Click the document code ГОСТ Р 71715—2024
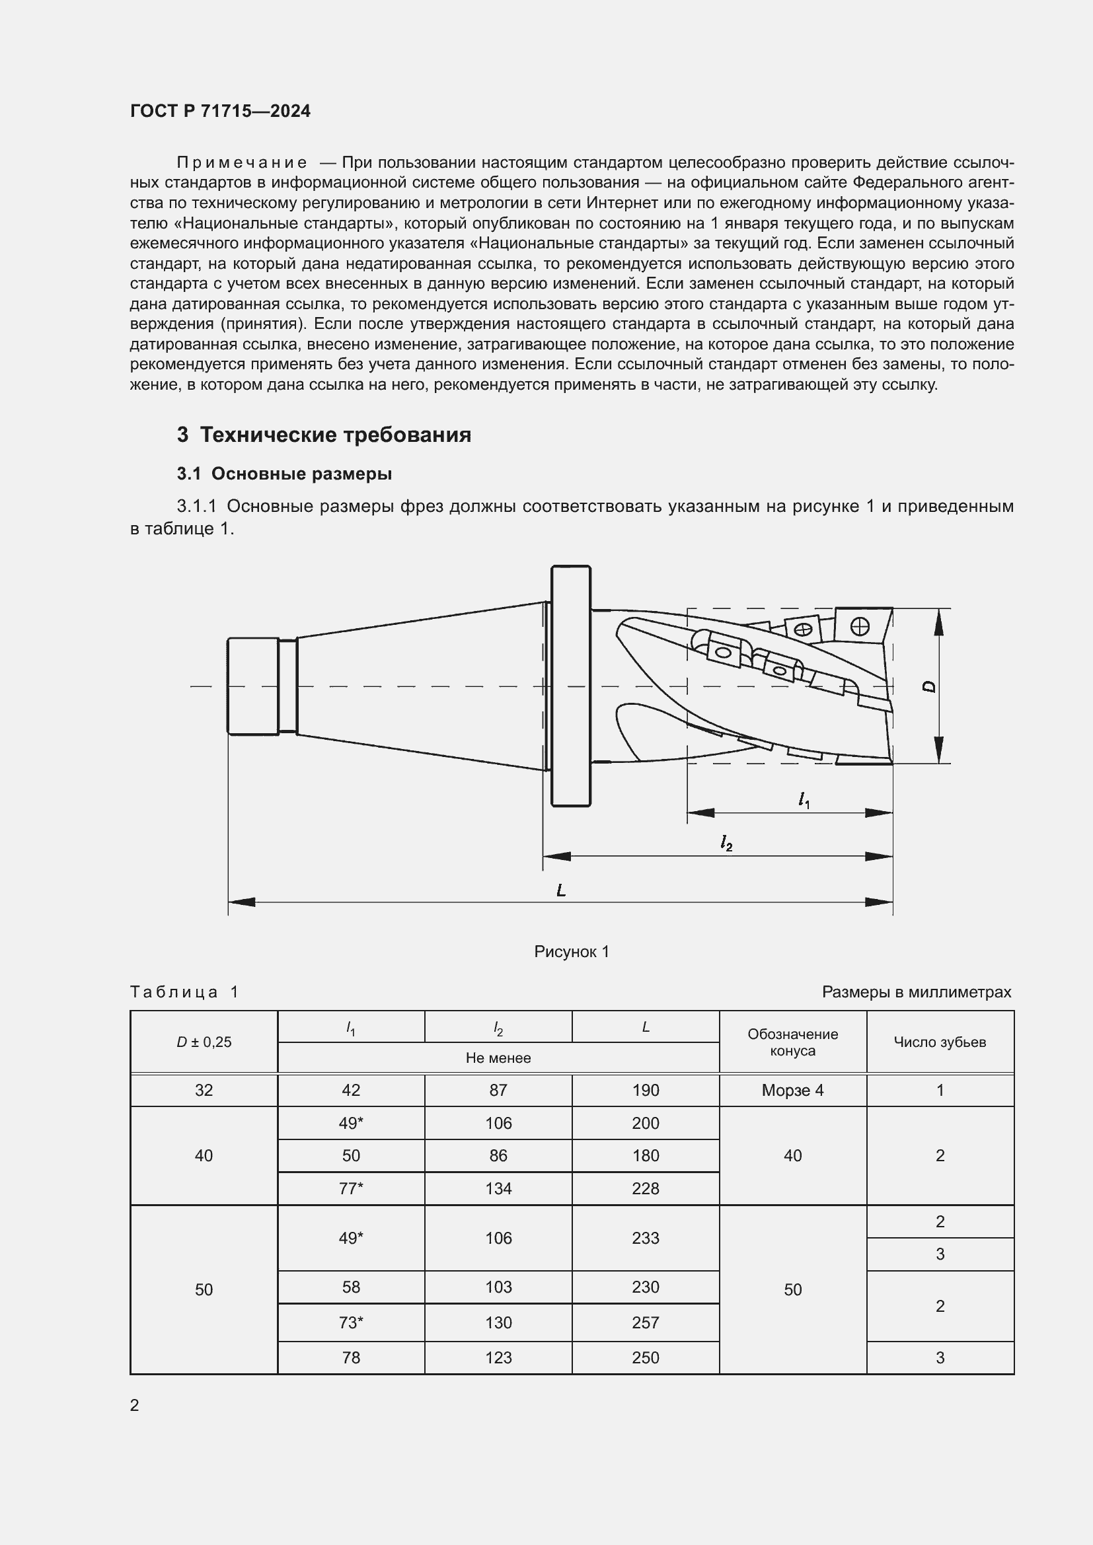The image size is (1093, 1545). [x=220, y=111]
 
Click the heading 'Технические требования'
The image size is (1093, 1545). [x=335, y=435]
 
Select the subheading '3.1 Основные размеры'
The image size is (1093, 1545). [x=285, y=474]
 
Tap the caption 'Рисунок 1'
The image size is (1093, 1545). [x=572, y=951]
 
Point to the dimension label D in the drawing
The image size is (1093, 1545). [x=930, y=686]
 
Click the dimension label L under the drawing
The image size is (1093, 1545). [x=560, y=890]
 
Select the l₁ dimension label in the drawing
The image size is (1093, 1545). [x=804, y=799]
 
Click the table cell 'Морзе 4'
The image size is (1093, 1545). [x=792, y=1090]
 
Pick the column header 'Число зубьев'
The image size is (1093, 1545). [x=940, y=1042]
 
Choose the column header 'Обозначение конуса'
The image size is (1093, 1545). [x=792, y=1042]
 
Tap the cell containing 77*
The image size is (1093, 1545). [x=351, y=1188]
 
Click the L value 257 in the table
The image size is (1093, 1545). [x=645, y=1322]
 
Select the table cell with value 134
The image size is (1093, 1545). [x=498, y=1188]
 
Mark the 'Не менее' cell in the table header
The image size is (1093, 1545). [x=498, y=1058]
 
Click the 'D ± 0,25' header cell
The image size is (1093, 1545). [x=204, y=1042]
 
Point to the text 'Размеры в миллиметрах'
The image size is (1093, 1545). [x=916, y=992]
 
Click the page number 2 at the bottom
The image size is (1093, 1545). [x=135, y=1405]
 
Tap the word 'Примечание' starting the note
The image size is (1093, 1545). [x=242, y=163]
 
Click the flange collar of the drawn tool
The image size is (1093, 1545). [x=571, y=686]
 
